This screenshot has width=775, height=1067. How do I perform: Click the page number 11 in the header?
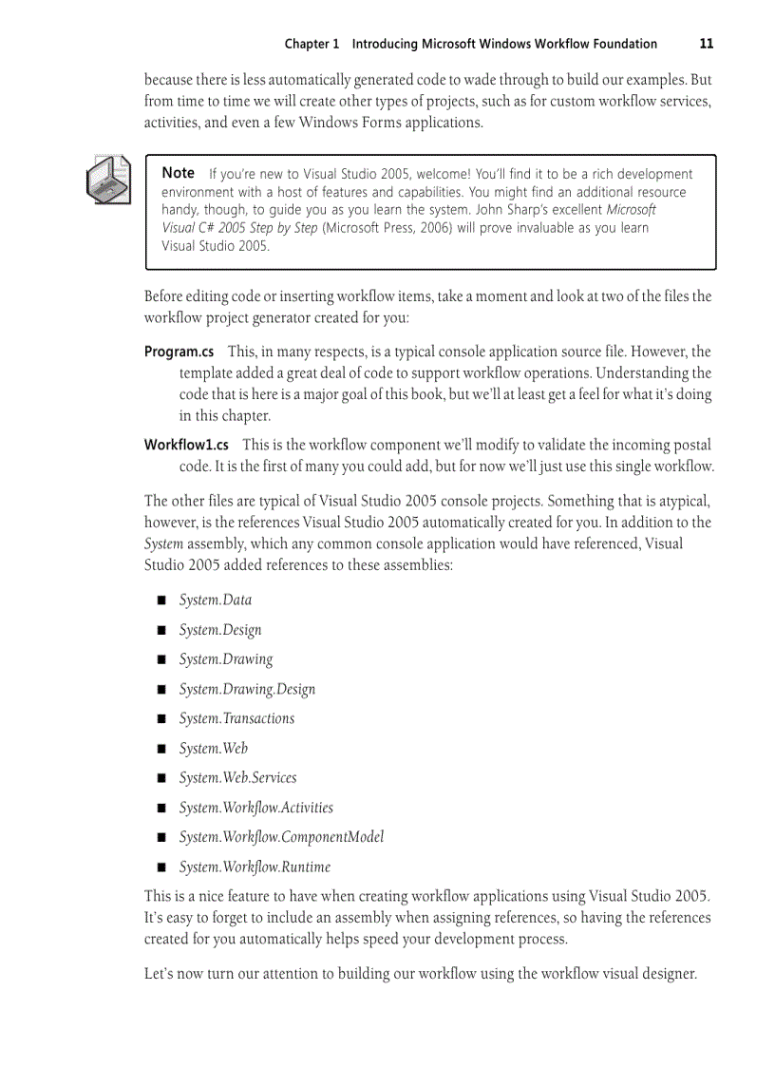pos(706,44)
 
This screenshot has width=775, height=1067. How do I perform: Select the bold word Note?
pos(178,173)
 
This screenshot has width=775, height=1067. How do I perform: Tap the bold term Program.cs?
pos(179,352)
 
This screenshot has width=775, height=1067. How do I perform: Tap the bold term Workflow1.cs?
pos(186,445)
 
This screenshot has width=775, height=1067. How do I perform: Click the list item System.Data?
pos(216,600)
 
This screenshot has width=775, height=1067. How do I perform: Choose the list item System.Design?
pos(220,630)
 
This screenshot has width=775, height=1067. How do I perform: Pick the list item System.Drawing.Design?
pos(247,689)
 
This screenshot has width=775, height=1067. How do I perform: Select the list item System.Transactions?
pos(236,718)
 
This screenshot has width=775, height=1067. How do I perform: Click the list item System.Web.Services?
pos(237,777)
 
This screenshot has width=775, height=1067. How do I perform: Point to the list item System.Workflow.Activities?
pos(255,808)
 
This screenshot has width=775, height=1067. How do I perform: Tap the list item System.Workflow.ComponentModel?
pos(281,837)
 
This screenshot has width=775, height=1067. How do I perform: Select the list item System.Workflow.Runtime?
pos(255,867)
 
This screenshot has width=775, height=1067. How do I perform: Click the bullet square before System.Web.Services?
pos(161,778)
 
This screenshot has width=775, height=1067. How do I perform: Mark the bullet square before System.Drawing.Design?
pos(161,690)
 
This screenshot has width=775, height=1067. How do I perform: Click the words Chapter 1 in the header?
pos(312,44)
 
